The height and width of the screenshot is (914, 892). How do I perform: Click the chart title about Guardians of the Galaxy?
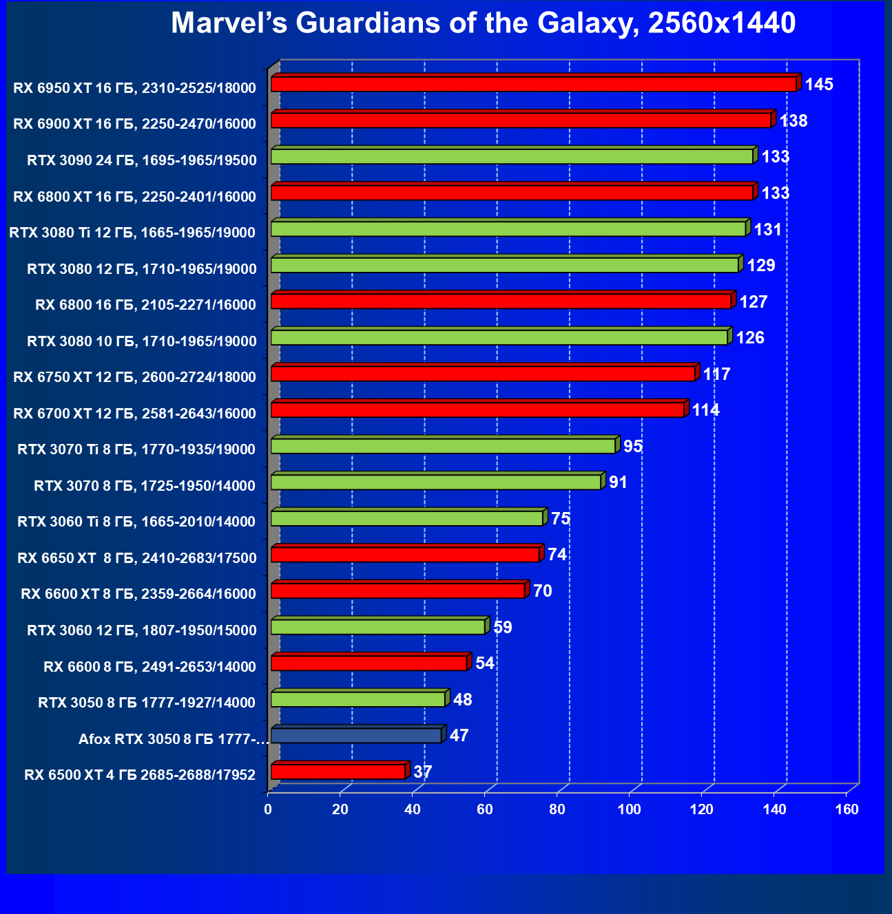pyautogui.click(x=483, y=23)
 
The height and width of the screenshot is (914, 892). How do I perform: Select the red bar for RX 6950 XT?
pyautogui.click(x=534, y=84)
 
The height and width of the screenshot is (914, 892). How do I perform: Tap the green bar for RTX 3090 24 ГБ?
pyautogui.click(x=512, y=157)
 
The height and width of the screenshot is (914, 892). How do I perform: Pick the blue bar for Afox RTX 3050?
pyautogui.click(x=356, y=736)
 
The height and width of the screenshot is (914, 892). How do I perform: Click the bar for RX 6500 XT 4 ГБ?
pyautogui.click(x=338, y=772)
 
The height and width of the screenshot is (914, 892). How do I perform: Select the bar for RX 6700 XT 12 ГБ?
pyautogui.click(x=477, y=410)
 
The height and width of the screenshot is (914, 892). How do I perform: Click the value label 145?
pyautogui.click(x=819, y=85)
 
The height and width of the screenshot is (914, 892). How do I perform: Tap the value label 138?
pyautogui.click(x=794, y=121)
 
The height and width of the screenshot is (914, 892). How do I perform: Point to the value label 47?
pyautogui.click(x=459, y=736)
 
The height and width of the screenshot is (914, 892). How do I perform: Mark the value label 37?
pyautogui.click(x=422, y=772)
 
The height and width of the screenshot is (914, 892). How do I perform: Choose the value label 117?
pyautogui.click(x=716, y=374)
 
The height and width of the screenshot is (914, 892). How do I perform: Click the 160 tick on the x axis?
pyautogui.click(x=847, y=809)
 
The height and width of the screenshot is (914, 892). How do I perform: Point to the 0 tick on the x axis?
pyautogui.click(x=268, y=809)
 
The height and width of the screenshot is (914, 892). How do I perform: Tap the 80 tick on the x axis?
pyautogui.click(x=557, y=809)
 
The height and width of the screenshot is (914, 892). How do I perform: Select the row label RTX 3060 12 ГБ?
pyautogui.click(x=141, y=630)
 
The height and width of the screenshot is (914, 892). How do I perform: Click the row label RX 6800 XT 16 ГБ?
pyautogui.click(x=134, y=197)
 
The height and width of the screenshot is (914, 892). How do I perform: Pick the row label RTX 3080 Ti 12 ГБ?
pyautogui.click(x=132, y=233)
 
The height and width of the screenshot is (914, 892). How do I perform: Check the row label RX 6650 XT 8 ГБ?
pyautogui.click(x=136, y=558)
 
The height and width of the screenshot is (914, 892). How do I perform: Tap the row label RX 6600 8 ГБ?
pyautogui.click(x=149, y=666)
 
